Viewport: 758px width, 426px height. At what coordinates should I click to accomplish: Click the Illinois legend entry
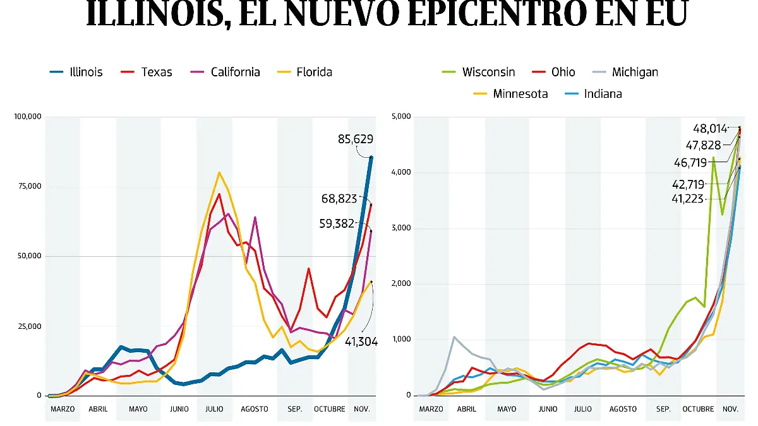pos(76,72)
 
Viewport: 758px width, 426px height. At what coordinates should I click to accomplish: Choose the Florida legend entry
pos(305,72)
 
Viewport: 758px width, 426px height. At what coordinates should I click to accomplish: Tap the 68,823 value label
pos(339,199)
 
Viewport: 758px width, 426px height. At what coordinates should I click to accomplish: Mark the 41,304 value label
pos(361,341)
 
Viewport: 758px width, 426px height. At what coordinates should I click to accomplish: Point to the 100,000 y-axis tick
pos(27,117)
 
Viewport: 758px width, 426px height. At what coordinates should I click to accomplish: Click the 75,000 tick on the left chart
pos(30,186)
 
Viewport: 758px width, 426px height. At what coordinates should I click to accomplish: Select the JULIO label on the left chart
pos(214,409)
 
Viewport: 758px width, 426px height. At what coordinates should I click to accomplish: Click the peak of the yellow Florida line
pos(219,172)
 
